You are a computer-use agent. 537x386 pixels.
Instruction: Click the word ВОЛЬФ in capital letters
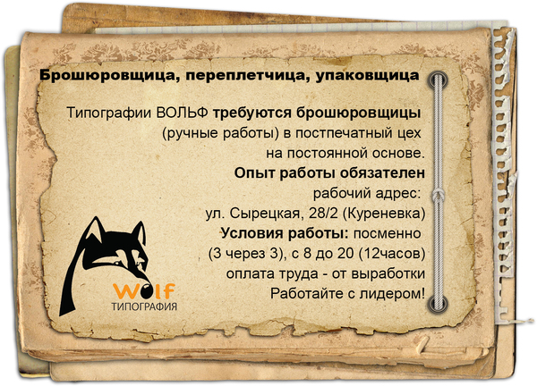pos(182,113)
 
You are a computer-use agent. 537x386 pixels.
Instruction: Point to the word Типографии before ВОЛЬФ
pos(109,113)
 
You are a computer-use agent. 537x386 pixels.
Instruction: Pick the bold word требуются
pos(252,113)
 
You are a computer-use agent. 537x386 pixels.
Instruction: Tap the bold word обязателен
pos(382,173)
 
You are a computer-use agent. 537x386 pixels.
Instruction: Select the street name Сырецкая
pos(264,214)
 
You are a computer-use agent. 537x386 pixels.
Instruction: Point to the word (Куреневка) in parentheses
pos(384,214)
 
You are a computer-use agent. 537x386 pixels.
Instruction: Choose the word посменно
pos(388,233)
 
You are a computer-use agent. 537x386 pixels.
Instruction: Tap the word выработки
pos(388,273)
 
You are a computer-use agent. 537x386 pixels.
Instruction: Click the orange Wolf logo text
pos(144,290)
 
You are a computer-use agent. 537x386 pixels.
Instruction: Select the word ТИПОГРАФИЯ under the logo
pos(144,306)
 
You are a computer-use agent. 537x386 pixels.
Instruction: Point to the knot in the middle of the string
pos(438,197)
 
